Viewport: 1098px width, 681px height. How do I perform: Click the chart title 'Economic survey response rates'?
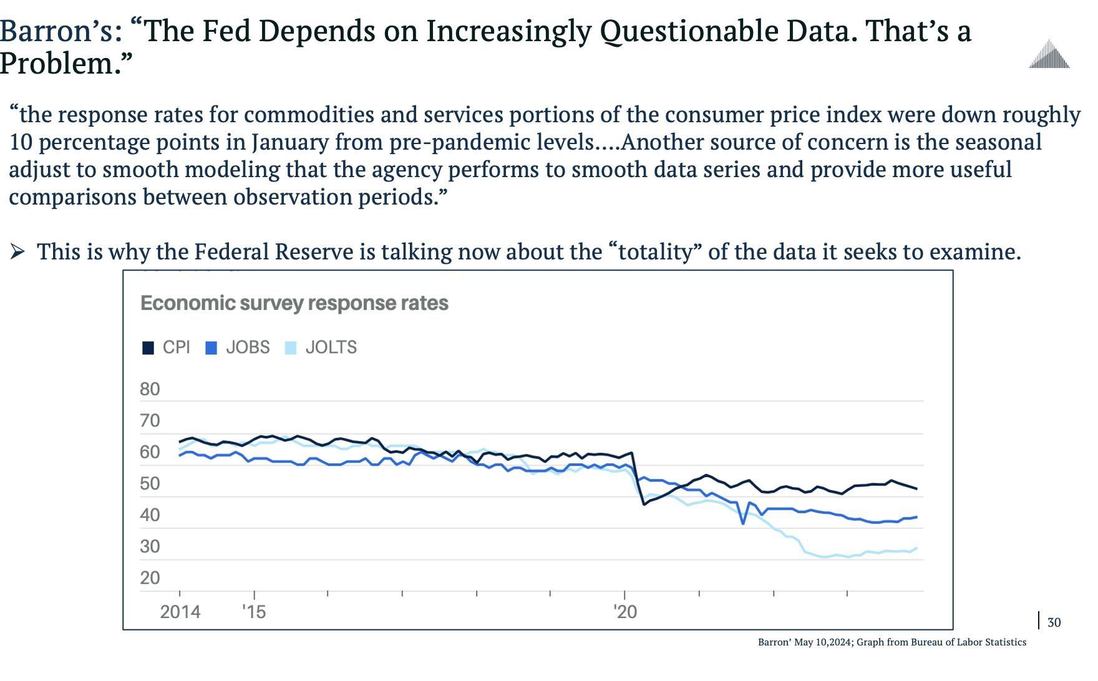[294, 303]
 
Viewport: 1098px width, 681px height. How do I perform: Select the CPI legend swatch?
[148, 348]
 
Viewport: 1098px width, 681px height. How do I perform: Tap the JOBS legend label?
[248, 347]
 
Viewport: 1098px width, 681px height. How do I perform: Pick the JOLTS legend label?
[331, 347]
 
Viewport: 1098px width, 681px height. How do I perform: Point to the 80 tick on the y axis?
[150, 389]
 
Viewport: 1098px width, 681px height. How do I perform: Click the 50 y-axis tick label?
[150, 483]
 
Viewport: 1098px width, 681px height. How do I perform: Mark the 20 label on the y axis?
[150, 577]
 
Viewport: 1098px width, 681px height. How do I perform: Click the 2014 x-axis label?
[180, 612]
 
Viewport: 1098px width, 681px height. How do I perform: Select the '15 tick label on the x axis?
[254, 612]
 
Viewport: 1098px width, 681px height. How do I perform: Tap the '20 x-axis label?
[625, 612]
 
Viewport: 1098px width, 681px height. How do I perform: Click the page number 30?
[1054, 622]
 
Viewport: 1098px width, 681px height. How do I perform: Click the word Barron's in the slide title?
[61, 31]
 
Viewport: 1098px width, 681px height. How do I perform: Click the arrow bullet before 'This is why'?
[17, 252]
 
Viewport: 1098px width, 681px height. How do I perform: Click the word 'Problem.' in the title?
[66, 64]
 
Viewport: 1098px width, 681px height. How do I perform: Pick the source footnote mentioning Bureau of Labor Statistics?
[892, 642]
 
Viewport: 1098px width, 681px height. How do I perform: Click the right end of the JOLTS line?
[916, 549]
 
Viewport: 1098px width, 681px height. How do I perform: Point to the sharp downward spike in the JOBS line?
[743, 523]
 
